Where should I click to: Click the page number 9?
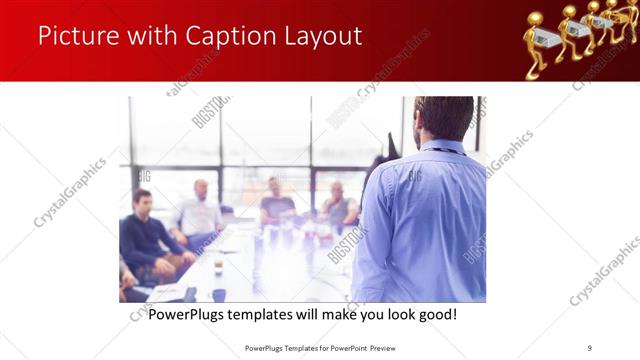pos(590,347)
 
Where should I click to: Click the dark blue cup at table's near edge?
pos(218,295)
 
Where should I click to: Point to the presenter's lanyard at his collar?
pos(436,150)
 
